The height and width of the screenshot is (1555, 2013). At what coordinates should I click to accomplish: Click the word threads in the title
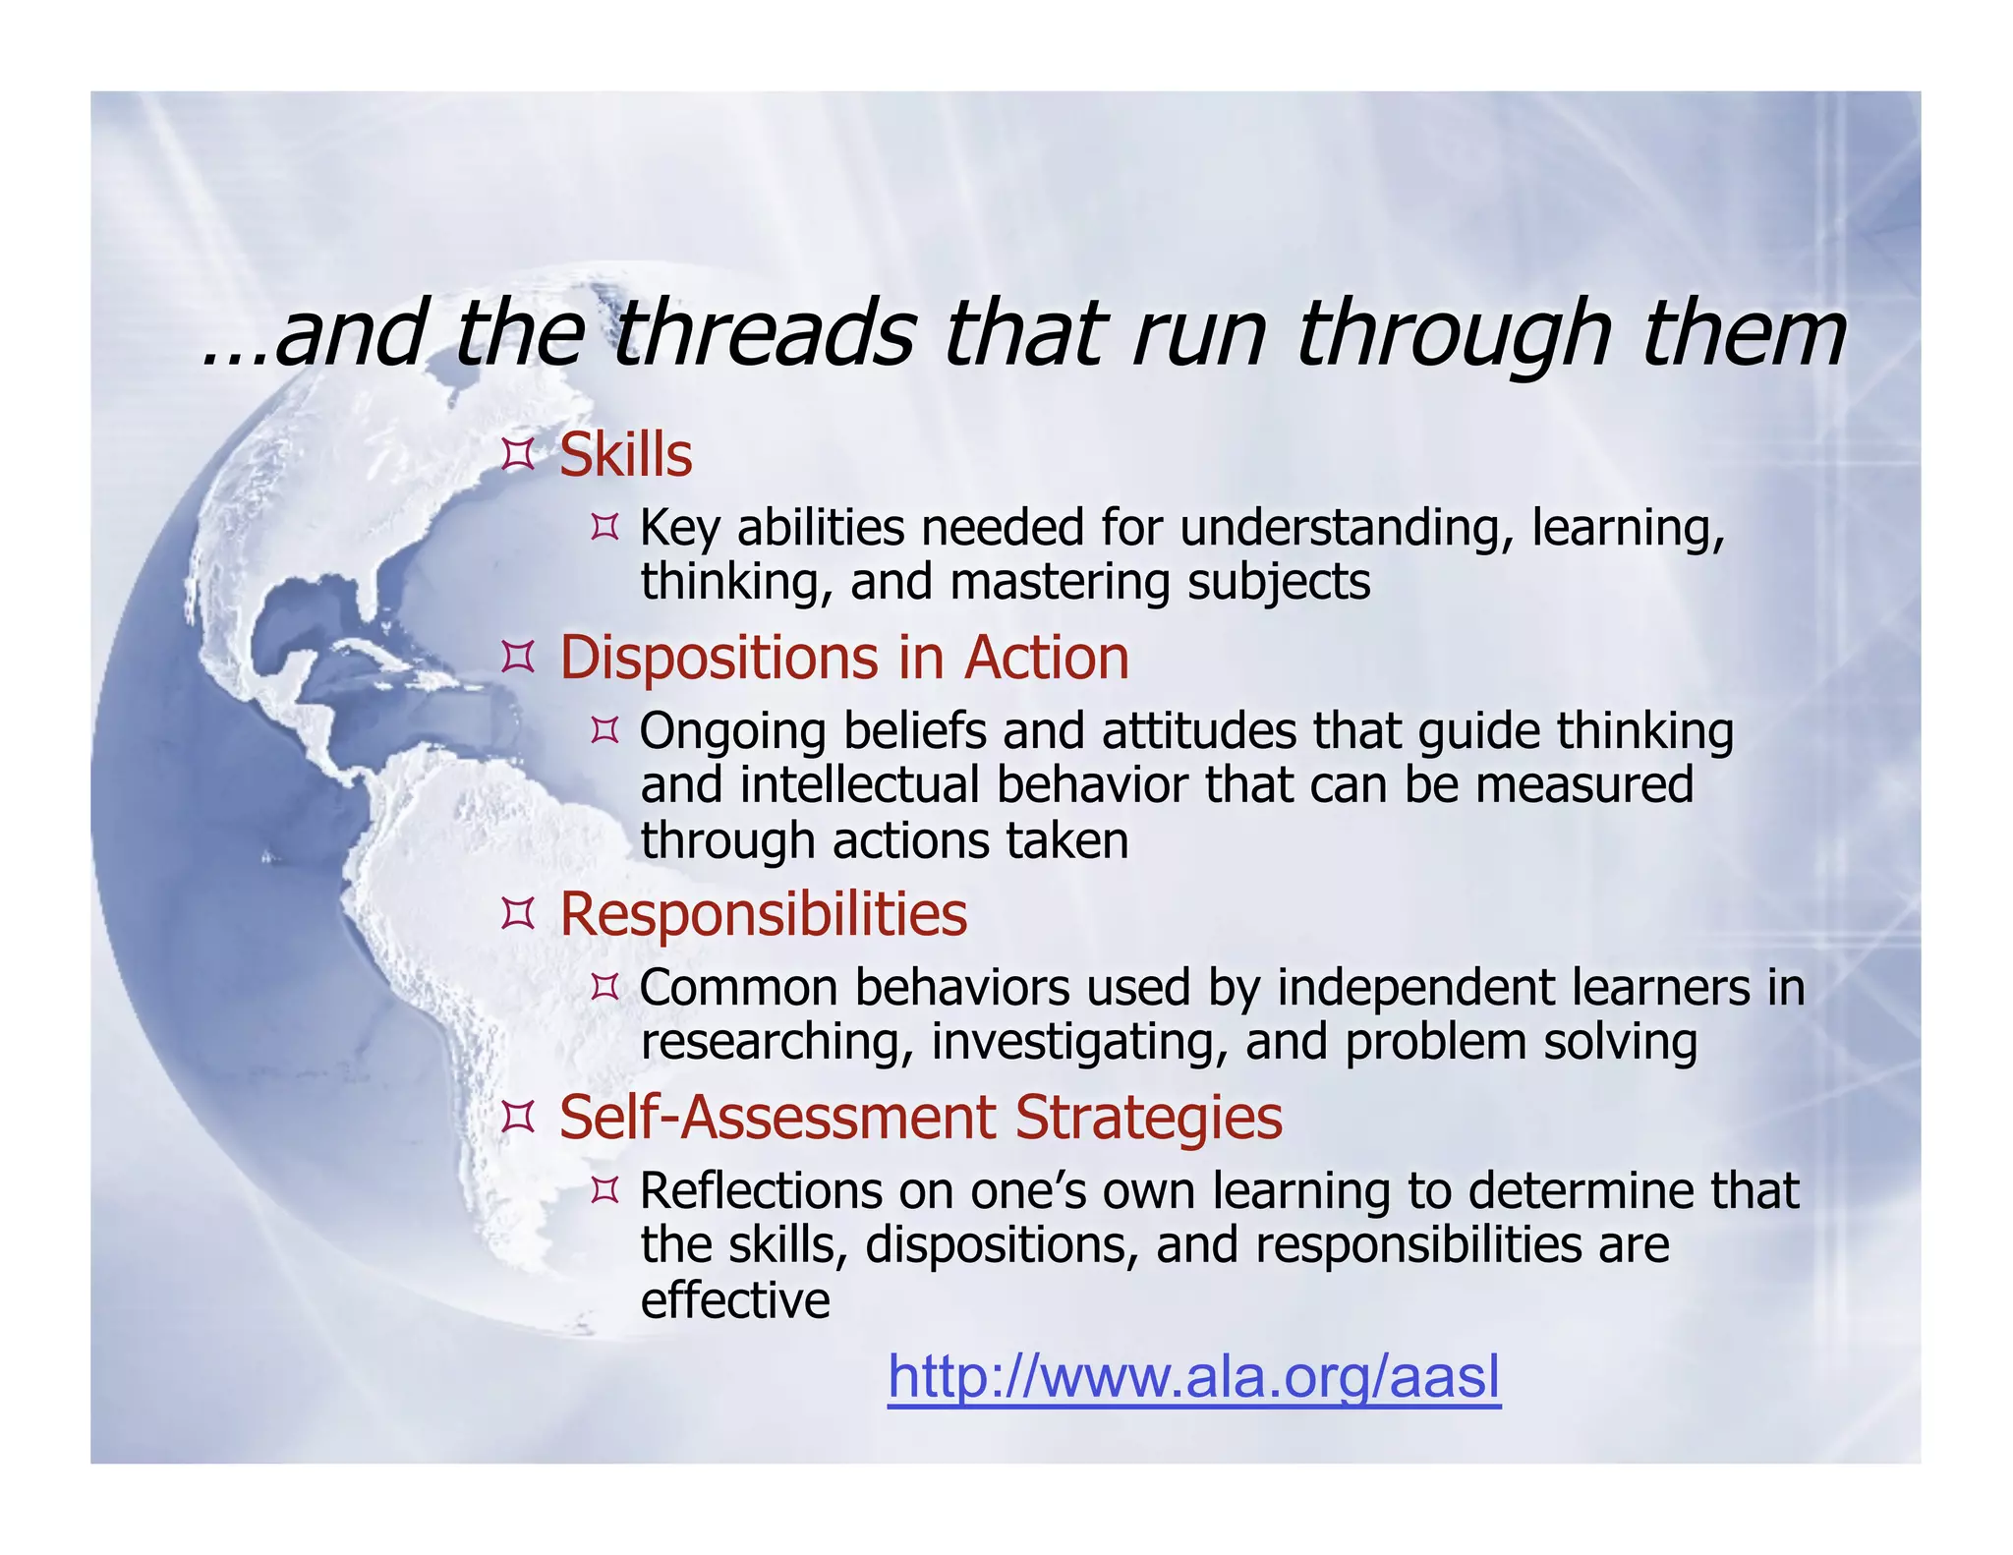(x=767, y=334)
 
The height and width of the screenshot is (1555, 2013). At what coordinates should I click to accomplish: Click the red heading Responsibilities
(x=763, y=914)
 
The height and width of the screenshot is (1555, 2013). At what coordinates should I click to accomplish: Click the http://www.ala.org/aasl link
(x=1193, y=1377)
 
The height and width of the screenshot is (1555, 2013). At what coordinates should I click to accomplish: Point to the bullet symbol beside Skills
(x=517, y=456)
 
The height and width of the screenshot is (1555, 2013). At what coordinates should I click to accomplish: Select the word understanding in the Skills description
(x=1340, y=529)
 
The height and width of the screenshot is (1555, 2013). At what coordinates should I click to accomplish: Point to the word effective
(x=734, y=1300)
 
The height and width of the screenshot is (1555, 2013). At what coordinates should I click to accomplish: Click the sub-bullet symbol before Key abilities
(x=604, y=529)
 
